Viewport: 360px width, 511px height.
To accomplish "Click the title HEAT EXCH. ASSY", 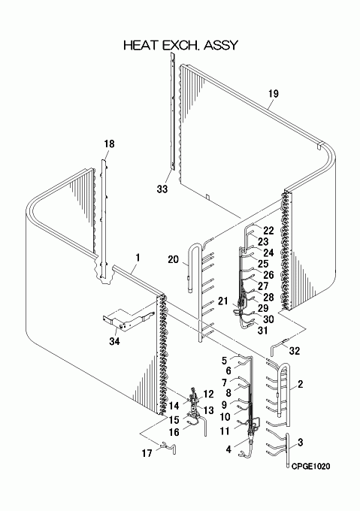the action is pyautogui.click(x=180, y=45).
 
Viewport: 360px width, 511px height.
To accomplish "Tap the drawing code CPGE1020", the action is pyautogui.click(x=310, y=467).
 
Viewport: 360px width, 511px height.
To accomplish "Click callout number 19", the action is pyautogui.click(x=274, y=94).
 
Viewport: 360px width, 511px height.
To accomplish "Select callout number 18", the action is pyautogui.click(x=110, y=144).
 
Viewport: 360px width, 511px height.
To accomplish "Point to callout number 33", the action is pyautogui.click(x=162, y=189).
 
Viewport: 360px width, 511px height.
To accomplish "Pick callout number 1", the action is pyautogui.click(x=138, y=258).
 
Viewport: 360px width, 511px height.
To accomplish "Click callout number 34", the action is pyautogui.click(x=114, y=341).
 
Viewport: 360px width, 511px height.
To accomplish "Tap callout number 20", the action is pyautogui.click(x=174, y=260).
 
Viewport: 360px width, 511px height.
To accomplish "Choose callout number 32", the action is pyautogui.click(x=294, y=351).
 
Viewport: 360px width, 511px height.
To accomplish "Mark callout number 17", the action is pyautogui.click(x=147, y=453).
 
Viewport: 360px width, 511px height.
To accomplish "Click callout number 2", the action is pyautogui.click(x=300, y=384).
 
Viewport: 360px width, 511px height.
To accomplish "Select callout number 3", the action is pyautogui.click(x=300, y=442).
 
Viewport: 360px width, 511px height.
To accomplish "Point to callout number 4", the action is pyautogui.click(x=228, y=449).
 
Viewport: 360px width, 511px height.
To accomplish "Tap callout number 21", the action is pyautogui.click(x=223, y=301).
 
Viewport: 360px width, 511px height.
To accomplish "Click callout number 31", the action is pyautogui.click(x=262, y=330).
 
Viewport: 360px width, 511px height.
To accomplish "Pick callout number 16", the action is pyautogui.click(x=174, y=432).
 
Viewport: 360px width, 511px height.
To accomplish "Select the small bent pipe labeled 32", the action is pyautogui.click(x=277, y=346).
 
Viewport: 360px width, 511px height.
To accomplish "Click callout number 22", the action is pyautogui.click(x=268, y=231).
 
